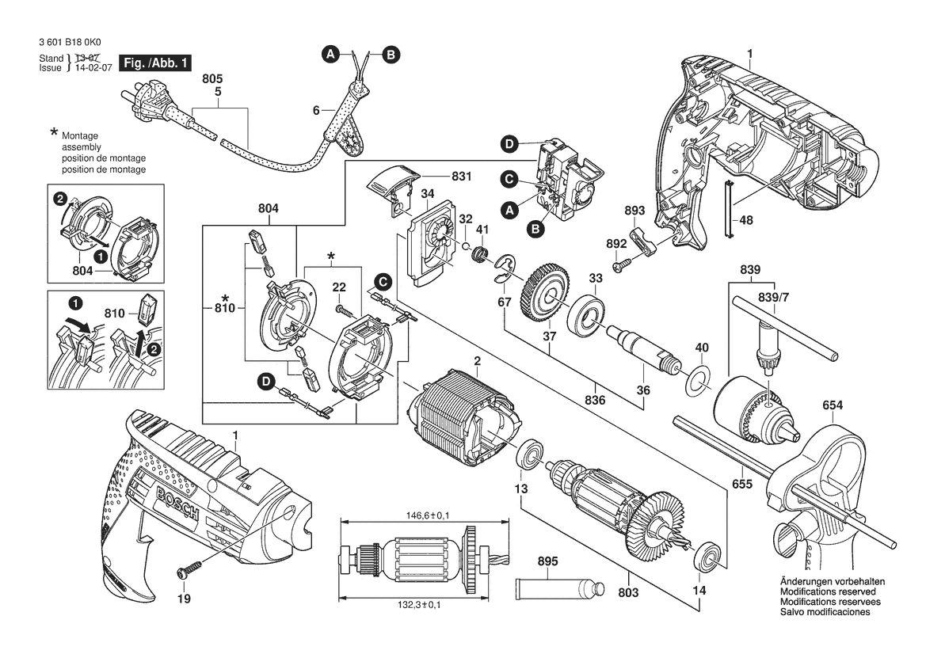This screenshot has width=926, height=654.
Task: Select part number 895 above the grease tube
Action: (x=547, y=561)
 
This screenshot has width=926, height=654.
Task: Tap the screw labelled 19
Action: (x=190, y=568)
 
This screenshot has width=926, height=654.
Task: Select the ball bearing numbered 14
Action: (x=707, y=556)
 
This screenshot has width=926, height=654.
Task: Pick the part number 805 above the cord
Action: (x=212, y=79)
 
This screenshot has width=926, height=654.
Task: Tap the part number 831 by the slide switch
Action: (x=462, y=177)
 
